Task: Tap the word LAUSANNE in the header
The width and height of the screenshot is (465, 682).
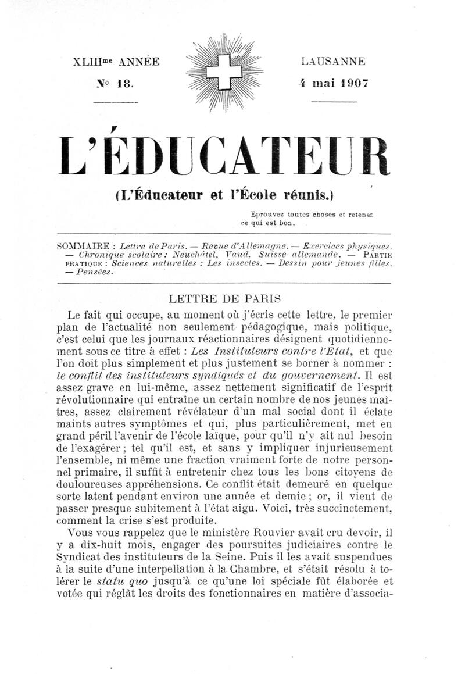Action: pyautogui.click(x=333, y=61)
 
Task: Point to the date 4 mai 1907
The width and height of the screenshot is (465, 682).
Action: pyautogui.click(x=333, y=83)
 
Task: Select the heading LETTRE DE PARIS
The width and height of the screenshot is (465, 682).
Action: pyautogui.click(x=224, y=299)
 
